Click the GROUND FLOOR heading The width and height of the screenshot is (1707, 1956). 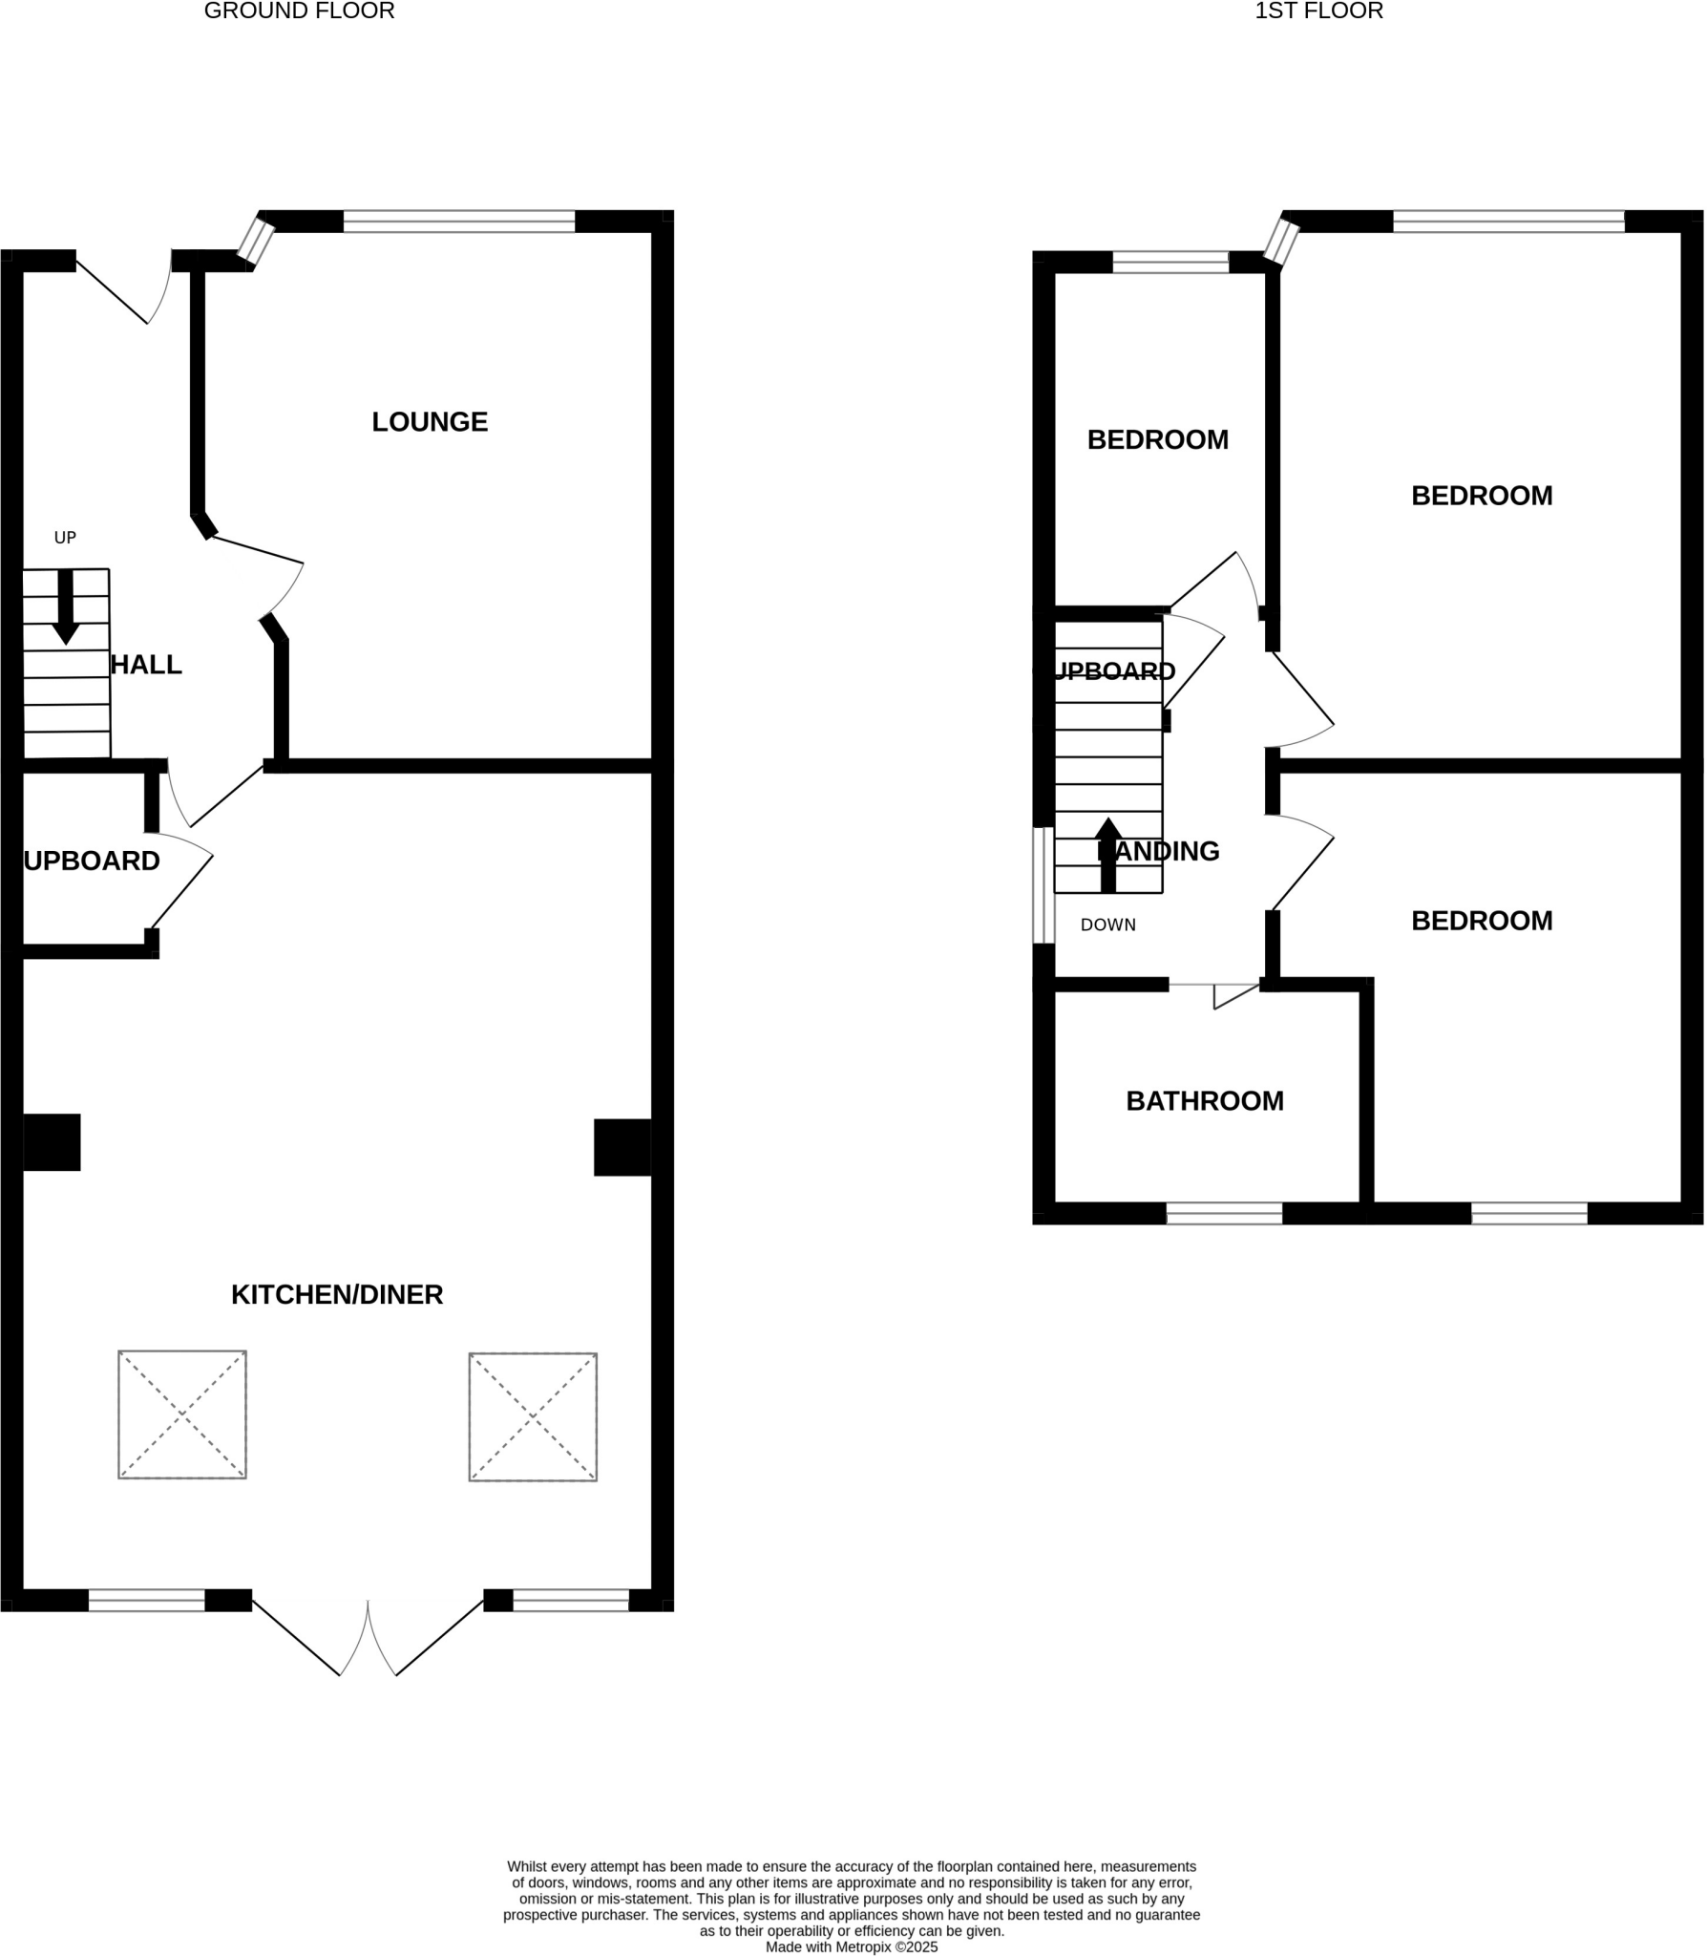(299, 11)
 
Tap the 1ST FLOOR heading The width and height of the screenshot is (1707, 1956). (1318, 11)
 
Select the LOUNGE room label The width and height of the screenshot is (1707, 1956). (430, 422)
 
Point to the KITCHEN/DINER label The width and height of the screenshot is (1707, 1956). (337, 1295)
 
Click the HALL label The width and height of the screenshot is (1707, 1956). (146, 666)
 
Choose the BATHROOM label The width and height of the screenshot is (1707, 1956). (1205, 1101)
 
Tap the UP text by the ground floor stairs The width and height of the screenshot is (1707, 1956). (65, 538)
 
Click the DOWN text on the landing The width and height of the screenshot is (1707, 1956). (1108, 925)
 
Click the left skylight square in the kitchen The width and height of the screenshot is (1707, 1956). (182, 1414)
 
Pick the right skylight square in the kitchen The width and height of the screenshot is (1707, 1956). (533, 1417)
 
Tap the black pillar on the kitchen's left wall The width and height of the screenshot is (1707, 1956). (52, 1142)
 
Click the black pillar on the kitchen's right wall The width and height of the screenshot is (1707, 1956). (622, 1147)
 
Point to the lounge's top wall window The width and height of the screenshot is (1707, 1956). (459, 222)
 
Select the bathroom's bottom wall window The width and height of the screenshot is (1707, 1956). (1224, 1213)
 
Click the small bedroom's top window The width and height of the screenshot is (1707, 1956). (1170, 263)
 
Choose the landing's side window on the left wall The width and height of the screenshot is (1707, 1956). (1043, 885)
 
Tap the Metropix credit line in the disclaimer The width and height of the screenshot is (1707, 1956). (852, 1947)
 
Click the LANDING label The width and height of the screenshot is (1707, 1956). (1158, 852)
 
